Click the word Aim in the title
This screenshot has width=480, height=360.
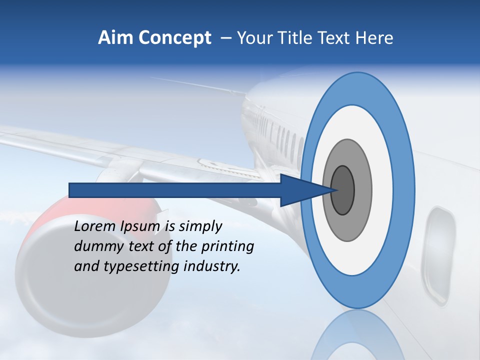click(x=111, y=38)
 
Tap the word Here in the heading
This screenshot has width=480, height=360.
click(x=374, y=38)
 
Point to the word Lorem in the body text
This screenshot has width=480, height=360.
click(x=94, y=226)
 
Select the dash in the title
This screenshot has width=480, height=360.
click(x=226, y=38)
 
